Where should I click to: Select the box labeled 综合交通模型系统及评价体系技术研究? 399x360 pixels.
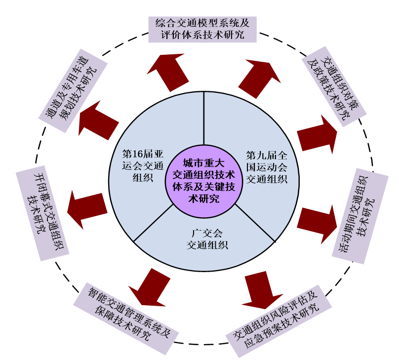coord(202,29)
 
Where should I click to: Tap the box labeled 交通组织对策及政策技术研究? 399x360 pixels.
coord(334,83)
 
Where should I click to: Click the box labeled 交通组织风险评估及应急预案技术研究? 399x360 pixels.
coord(277,321)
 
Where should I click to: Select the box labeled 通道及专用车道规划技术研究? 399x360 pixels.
coord(73,90)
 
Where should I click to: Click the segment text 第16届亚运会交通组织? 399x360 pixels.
coord(143,165)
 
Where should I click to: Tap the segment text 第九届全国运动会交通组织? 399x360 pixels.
coord(266,167)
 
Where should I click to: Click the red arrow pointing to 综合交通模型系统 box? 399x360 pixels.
coord(168,72)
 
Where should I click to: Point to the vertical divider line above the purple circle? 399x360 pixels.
coord(204,118)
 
